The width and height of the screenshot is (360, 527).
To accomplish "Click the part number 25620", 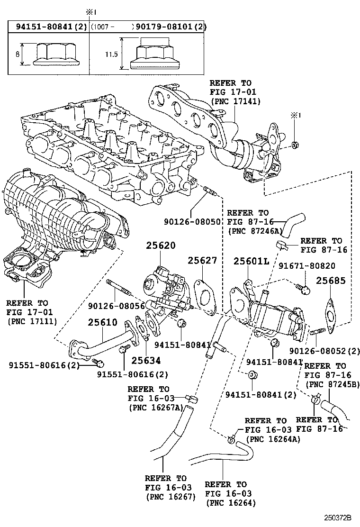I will pos(160,246).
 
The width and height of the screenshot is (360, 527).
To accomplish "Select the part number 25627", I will pos(202,261).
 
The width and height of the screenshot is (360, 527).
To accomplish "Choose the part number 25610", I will pos(102,323).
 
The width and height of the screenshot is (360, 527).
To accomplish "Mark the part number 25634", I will pos(146,361).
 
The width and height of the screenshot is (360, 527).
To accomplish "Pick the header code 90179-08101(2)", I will pos(171,27).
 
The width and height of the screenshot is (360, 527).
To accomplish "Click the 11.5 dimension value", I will pos(111,55).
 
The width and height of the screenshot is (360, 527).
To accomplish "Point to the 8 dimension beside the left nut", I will pos(18,55).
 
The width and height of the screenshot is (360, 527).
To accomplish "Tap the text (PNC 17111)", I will pos(32,321).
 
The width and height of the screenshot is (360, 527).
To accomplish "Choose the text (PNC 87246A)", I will pos(255,232).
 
